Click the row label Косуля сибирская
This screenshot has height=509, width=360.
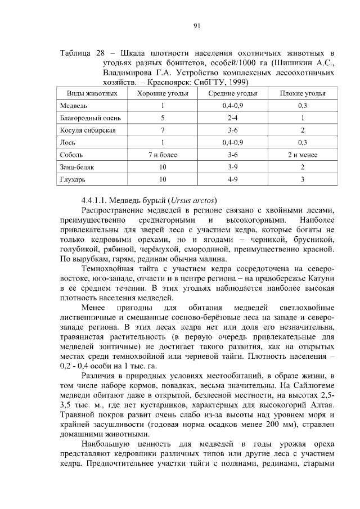coord(88,130)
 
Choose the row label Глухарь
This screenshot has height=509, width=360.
coord(73,179)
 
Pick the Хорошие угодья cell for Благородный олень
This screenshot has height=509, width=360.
coord(162,118)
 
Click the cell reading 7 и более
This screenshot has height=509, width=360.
coord(162,155)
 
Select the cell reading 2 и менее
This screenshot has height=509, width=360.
coord(303,155)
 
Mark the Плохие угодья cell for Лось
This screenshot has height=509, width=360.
coord(303,142)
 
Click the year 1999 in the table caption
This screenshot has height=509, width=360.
coord(237,82)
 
